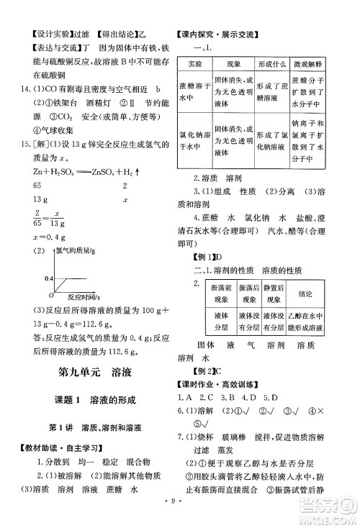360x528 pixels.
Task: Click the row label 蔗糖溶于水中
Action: (x=192, y=92)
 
